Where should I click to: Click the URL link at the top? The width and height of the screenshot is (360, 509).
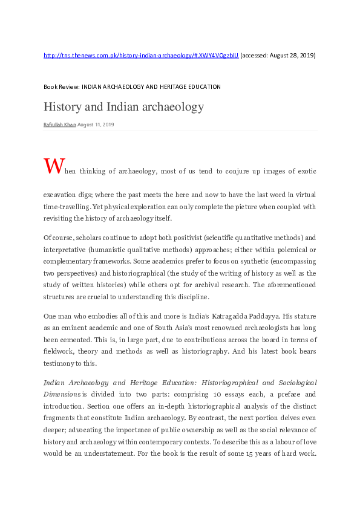(x=141, y=55)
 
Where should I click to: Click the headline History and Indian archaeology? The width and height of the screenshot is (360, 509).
(x=123, y=107)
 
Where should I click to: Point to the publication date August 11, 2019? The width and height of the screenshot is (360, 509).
(x=96, y=125)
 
